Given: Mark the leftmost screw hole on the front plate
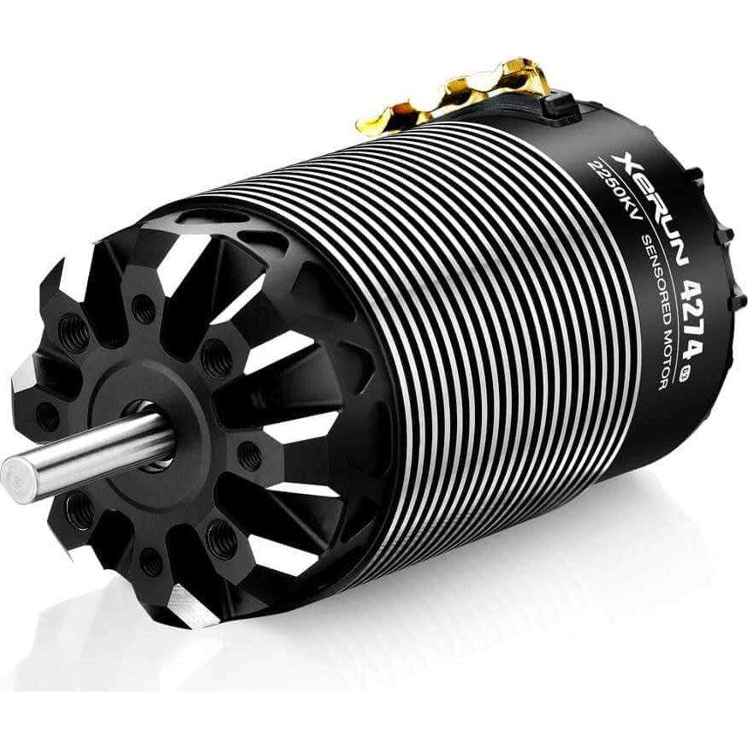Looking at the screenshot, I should [47, 417].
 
